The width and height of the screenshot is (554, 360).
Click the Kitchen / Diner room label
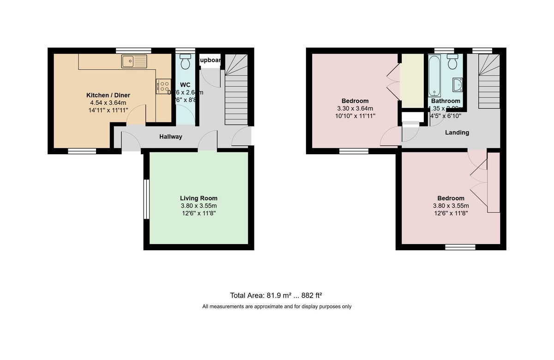(x=108, y=95)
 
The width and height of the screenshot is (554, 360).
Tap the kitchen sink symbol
(x=133, y=61)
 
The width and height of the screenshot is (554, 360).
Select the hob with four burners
(x=163, y=86)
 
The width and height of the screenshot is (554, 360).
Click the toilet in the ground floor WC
(x=186, y=61)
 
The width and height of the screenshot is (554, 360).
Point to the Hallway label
(x=171, y=137)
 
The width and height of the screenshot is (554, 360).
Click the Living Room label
(x=199, y=198)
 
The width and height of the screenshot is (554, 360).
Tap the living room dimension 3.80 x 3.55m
(x=199, y=206)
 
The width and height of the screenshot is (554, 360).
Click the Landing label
(x=457, y=132)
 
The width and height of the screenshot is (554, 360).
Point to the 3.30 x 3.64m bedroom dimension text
(x=355, y=109)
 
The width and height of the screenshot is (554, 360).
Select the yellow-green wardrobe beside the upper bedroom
(x=412, y=80)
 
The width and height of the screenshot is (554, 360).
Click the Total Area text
(x=279, y=295)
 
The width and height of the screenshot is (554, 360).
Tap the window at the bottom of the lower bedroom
(x=460, y=247)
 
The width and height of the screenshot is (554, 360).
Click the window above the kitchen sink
(x=133, y=50)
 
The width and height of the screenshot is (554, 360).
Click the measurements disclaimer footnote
(x=277, y=306)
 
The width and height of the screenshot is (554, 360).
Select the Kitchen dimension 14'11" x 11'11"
(x=108, y=110)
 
